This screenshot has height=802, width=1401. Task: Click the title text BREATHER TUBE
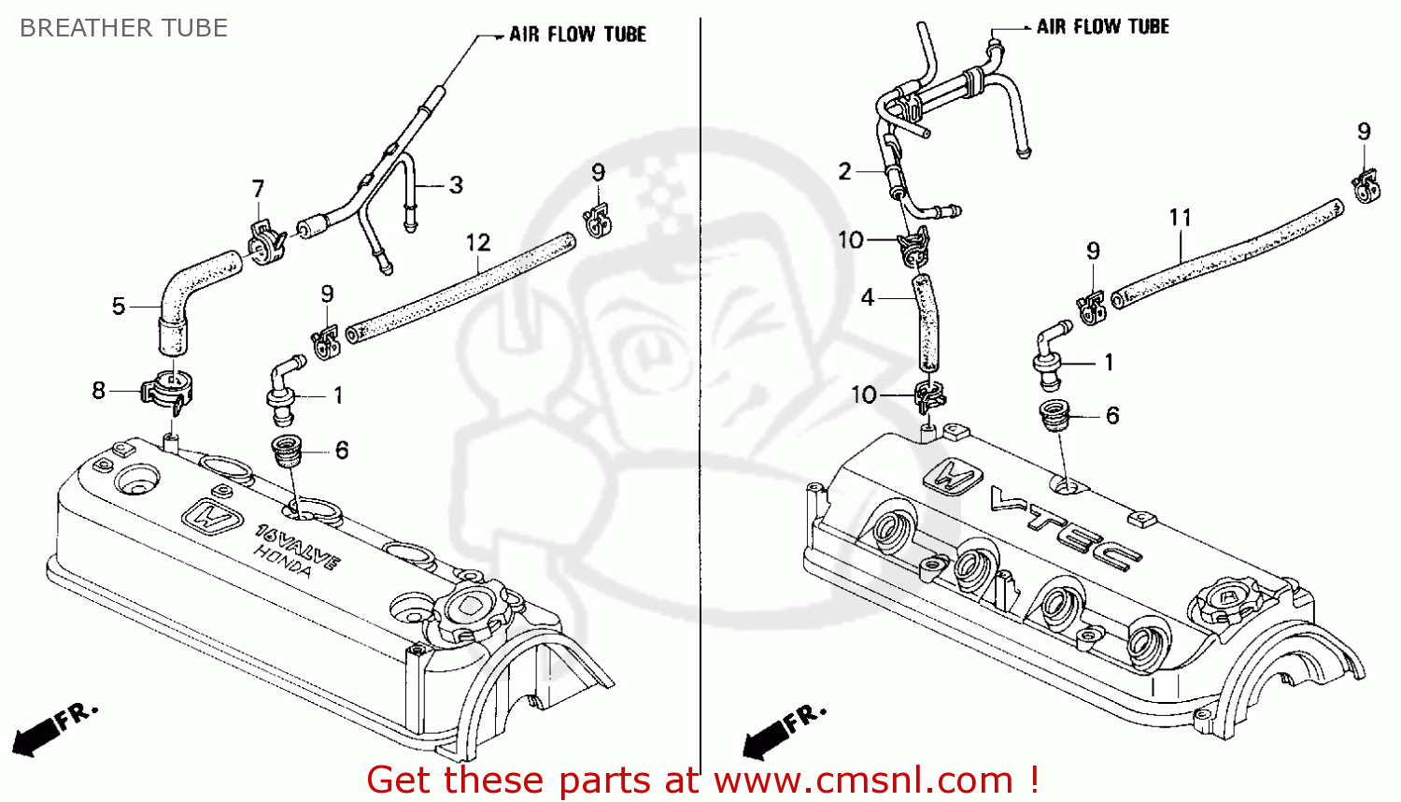coord(123,28)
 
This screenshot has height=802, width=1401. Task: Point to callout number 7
coord(259,189)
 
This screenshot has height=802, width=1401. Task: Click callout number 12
coord(478,243)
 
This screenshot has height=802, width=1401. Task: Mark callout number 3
coord(456,185)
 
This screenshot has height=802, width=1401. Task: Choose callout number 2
coord(844,171)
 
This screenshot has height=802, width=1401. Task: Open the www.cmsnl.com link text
coord(863,780)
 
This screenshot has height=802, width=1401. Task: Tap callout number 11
coord(1181,218)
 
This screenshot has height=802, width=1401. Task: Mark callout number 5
coord(119,306)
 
